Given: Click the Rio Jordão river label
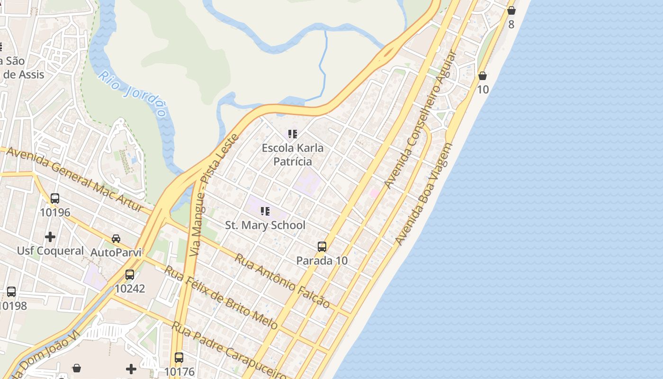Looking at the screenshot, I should click(133, 94).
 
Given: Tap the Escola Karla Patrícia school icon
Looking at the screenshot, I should click(293, 134).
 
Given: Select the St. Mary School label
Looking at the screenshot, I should click(265, 225).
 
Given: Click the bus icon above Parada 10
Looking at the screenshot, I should click(322, 247).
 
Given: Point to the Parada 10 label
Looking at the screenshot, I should click(322, 261).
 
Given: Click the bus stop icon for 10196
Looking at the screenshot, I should click(55, 199).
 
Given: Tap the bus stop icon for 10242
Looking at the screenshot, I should click(130, 274).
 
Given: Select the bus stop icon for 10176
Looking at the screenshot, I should click(179, 358).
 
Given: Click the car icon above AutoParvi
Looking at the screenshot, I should click(116, 238).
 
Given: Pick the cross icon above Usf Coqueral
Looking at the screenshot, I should click(50, 236).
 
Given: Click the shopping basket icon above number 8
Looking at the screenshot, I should click(511, 10).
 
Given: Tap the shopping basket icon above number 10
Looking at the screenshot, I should click(483, 76).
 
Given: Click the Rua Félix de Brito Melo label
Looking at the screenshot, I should click(221, 297).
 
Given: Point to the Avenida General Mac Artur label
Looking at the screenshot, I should click(74, 180).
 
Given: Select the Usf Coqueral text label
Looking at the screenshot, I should click(50, 251).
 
